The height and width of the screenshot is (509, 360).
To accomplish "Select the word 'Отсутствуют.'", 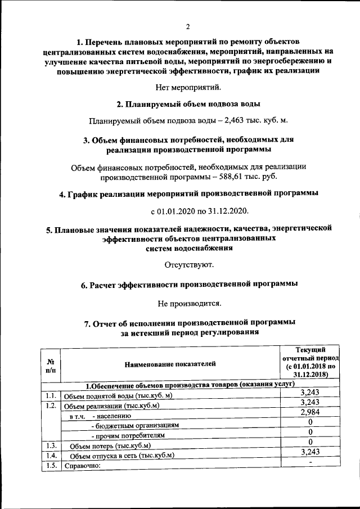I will tap(188, 264).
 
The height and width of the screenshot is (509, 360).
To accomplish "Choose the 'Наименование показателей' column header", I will tap(170, 364).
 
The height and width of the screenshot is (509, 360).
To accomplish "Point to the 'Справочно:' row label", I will tap(82, 466).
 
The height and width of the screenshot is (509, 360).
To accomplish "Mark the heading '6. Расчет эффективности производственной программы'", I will tap(189, 284).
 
